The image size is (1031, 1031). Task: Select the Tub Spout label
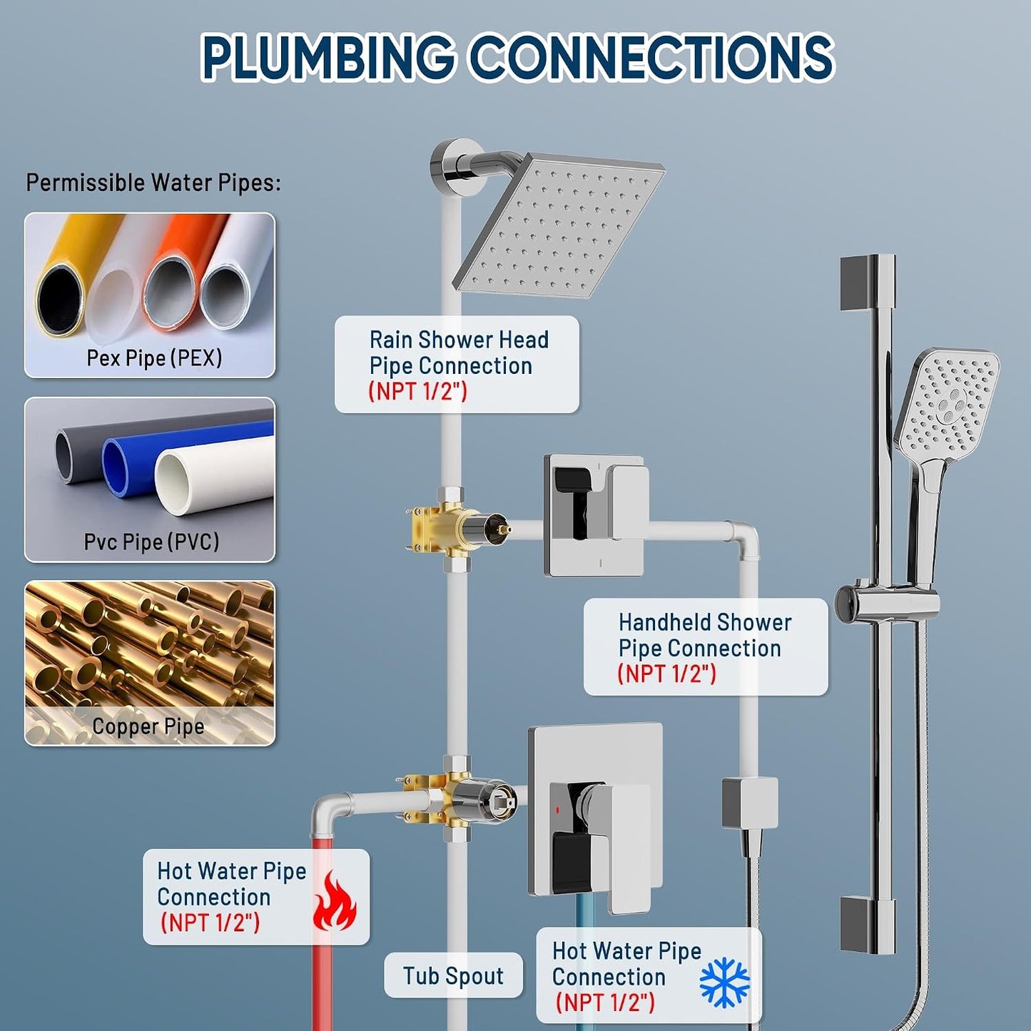pyautogui.click(x=453, y=975)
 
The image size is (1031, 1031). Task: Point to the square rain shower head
pyautogui.click(x=559, y=225)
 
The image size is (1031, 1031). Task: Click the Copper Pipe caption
pyautogui.click(x=148, y=726)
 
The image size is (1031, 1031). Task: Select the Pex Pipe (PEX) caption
pyautogui.click(x=154, y=357)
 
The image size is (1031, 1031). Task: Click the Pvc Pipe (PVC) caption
pyautogui.click(x=151, y=542)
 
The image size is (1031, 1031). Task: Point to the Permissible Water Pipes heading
pyautogui.click(x=153, y=183)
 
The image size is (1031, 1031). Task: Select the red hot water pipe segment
pyautogui.click(x=322, y=931)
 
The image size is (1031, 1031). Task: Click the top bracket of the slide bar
pyautogui.click(x=868, y=283)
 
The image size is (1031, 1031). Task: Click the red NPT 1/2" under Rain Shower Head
pyautogui.click(x=418, y=391)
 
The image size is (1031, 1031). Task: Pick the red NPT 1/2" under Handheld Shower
pyautogui.click(x=666, y=674)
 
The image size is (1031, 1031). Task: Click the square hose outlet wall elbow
pyautogui.click(x=750, y=803)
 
